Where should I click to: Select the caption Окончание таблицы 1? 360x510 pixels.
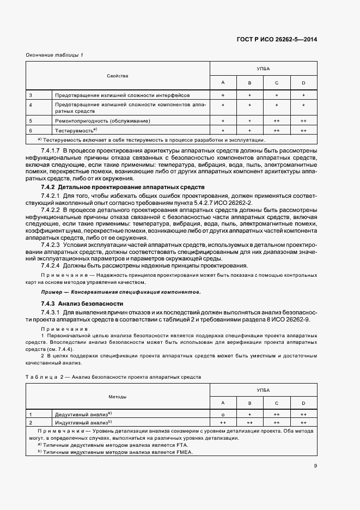pos(54,54)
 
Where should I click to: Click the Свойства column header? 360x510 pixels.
pos(118,76)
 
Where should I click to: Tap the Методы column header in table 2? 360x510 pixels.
pos(118,397)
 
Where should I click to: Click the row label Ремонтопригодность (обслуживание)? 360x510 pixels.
pos(102,120)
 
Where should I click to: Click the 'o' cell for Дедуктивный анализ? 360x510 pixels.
pos(223,414)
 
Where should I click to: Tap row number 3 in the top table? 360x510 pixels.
pos(30,95)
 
